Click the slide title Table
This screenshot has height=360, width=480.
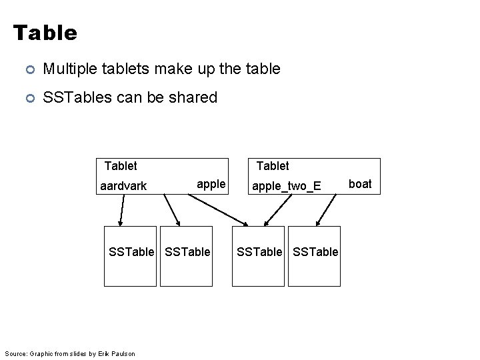pyautogui.click(x=45, y=32)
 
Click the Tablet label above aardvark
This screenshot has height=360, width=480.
pyautogui.click(x=121, y=165)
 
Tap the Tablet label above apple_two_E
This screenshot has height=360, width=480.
pyautogui.click(x=273, y=165)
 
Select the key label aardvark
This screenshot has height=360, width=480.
pyautogui.click(x=123, y=186)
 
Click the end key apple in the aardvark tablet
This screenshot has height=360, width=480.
pyautogui.click(x=211, y=183)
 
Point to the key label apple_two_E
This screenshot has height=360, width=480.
pyautogui.click(x=286, y=186)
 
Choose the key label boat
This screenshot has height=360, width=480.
pyautogui.click(x=361, y=183)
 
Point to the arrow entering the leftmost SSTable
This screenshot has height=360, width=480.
pyautogui.click(x=120, y=213)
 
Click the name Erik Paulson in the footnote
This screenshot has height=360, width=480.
pyautogui.click(x=121, y=353)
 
